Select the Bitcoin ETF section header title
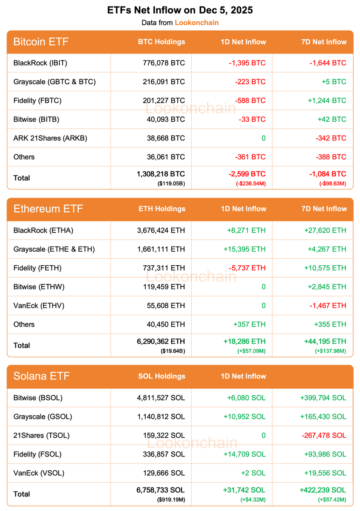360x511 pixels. [x=41, y=42]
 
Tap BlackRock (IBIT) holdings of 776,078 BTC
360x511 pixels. [x=164, y=63]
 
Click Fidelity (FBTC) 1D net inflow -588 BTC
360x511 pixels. [x=250, y=100]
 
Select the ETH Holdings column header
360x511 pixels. [x=162, y=209]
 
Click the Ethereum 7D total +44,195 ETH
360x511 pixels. [x=325, y=342]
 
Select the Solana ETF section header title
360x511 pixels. [x=41, y=376]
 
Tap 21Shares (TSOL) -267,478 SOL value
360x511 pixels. [x=323, y=435]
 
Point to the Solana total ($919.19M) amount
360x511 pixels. [x=172, y=500]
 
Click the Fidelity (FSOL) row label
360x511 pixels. [x=37, y=454]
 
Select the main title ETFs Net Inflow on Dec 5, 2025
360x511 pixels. [x=180, y=10]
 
